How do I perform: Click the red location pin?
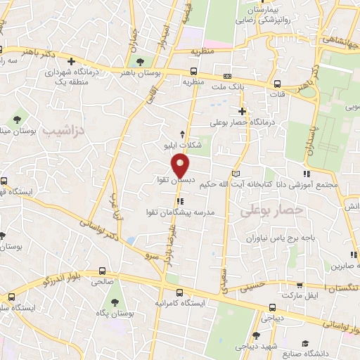pos(181,165)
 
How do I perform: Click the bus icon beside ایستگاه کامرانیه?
pos(179,292)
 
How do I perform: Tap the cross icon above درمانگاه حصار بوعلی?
pos(243,111)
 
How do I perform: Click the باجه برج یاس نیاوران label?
pos(263,238)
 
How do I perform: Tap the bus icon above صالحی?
pos(103,270)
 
